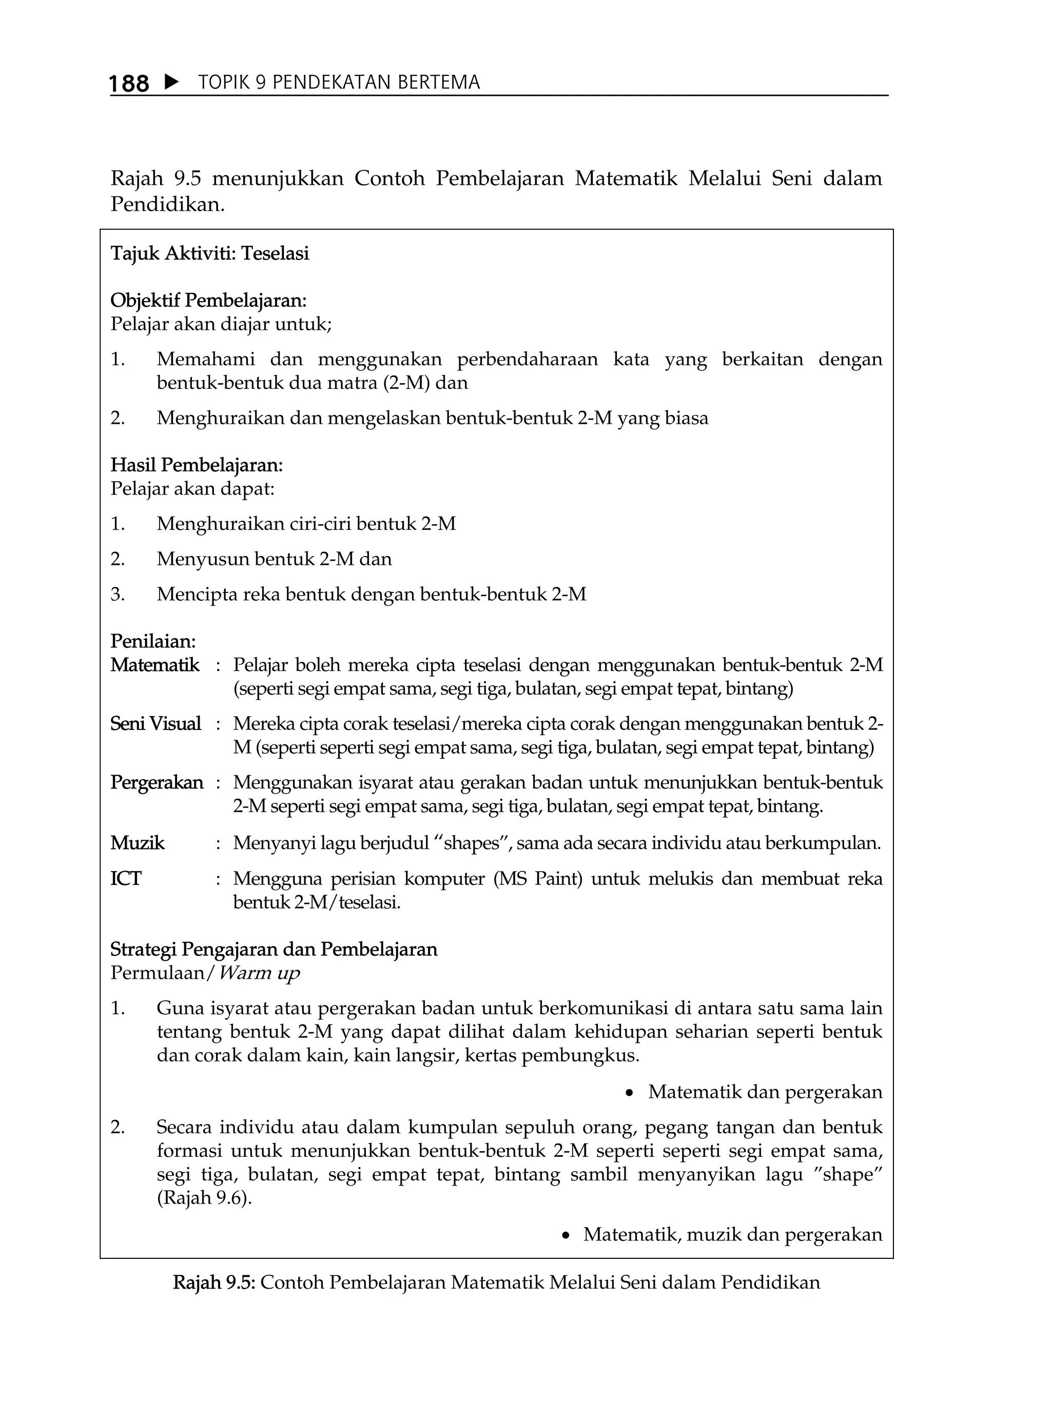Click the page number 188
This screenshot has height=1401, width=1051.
point(129,84)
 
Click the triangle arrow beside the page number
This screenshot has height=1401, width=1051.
point(171,83)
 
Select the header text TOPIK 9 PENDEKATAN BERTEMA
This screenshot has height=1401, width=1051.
point(339,83)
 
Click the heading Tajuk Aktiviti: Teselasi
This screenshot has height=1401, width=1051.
point(210,253)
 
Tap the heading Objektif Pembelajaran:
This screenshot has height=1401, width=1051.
point(208,300)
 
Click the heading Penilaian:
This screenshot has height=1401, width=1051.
point(153,642)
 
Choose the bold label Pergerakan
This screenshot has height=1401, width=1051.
point(157,783)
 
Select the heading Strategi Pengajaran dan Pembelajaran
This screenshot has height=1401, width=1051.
point(274,950)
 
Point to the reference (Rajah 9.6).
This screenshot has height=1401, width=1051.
point(204,1199)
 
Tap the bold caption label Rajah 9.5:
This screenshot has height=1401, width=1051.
point(213,1282)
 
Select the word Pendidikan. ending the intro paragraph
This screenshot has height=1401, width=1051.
point(168,205)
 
